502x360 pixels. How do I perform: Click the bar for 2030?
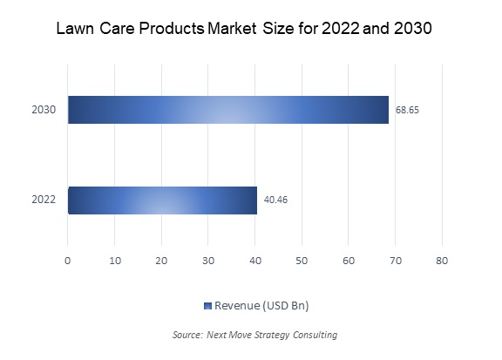[228, 110]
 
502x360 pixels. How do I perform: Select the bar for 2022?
[162, 200]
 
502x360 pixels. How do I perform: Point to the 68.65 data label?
[407, 110]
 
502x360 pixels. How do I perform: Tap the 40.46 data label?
[275, 200]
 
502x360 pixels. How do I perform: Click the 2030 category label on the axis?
[44, 110]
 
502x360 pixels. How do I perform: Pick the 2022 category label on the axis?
[44, 200]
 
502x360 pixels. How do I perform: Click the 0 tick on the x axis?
[68, 261]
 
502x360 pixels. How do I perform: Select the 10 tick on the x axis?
[115, 261]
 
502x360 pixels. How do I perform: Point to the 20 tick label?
[162, 261]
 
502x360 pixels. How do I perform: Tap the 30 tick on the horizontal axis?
[208, 261]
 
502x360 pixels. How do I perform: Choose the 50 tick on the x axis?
[302, 261]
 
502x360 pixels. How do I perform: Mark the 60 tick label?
[349, 261]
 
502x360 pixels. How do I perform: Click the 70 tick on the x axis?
[396, 261]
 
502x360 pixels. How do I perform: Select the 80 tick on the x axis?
[442, 261]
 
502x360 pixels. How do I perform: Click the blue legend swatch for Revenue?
[207, 306]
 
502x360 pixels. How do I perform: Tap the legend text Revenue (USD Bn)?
[261, 306]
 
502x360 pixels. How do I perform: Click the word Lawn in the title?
[75, 29]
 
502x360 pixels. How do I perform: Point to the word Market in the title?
[232, 29]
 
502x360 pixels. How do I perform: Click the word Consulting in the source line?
[315, 335]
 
